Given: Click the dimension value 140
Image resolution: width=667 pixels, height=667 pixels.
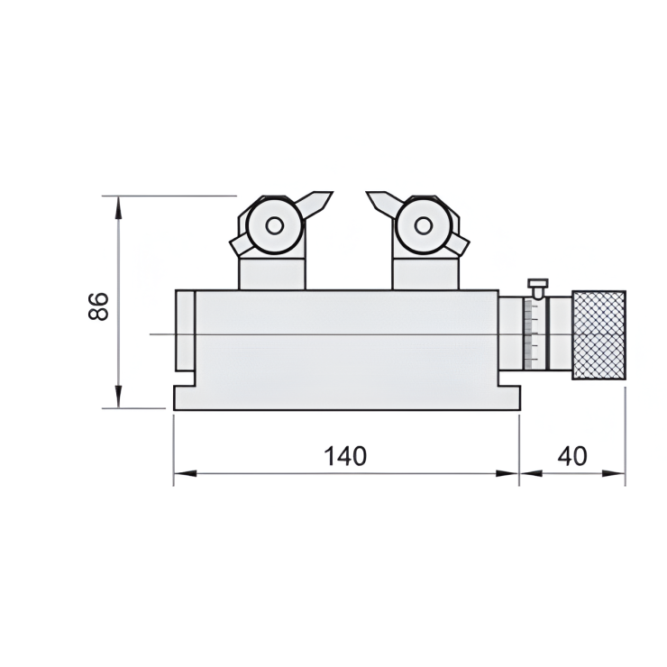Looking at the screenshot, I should tap(346, 455).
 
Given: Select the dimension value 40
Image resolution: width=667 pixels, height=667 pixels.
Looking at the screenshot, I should tap(572, 455).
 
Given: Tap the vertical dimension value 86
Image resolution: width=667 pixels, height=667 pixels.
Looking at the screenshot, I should tap(98, 306).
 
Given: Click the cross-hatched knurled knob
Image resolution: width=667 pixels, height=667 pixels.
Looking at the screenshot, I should tap(598, 334).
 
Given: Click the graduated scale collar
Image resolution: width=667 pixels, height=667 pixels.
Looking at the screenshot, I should tap(535, 334).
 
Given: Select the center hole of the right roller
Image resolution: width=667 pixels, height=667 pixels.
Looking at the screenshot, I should tap(423, 225).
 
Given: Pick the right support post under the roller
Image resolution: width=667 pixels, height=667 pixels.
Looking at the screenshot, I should tap(423, 273).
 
